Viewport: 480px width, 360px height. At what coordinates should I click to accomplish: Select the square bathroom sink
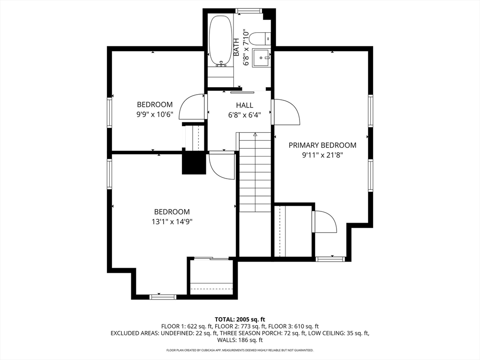(262, 57)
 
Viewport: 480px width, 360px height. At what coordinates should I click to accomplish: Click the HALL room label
(245, 105)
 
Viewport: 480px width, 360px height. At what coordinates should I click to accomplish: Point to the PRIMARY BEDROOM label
(322, 145)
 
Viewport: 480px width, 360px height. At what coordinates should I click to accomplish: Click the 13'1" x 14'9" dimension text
(172, 221)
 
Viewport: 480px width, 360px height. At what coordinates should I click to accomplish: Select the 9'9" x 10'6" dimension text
(155, 114)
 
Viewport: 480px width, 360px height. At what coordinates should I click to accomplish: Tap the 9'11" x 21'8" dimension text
(322, 155)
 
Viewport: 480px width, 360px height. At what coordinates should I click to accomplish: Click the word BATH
(236, 47)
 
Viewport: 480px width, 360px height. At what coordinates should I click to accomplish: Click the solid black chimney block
(194, 163)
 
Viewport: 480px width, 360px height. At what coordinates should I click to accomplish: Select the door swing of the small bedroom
(191, 106)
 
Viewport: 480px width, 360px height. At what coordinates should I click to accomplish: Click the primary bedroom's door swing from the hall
(286, 112)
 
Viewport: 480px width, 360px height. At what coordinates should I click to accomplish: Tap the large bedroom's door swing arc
(222, 165)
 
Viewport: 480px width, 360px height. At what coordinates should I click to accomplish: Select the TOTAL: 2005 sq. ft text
(240, 320)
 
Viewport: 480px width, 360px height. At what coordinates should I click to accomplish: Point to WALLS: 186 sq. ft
(240, 340)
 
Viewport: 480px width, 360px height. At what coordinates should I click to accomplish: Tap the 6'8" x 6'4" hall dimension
(245, 115)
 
